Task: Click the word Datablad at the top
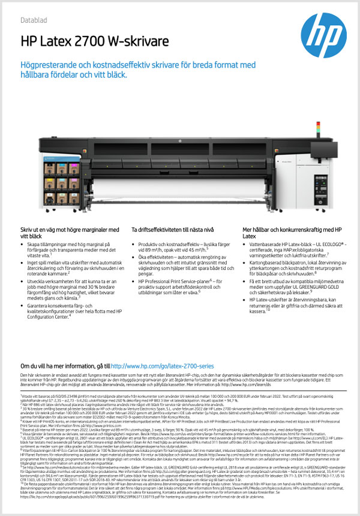click(x=34, y=20)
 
